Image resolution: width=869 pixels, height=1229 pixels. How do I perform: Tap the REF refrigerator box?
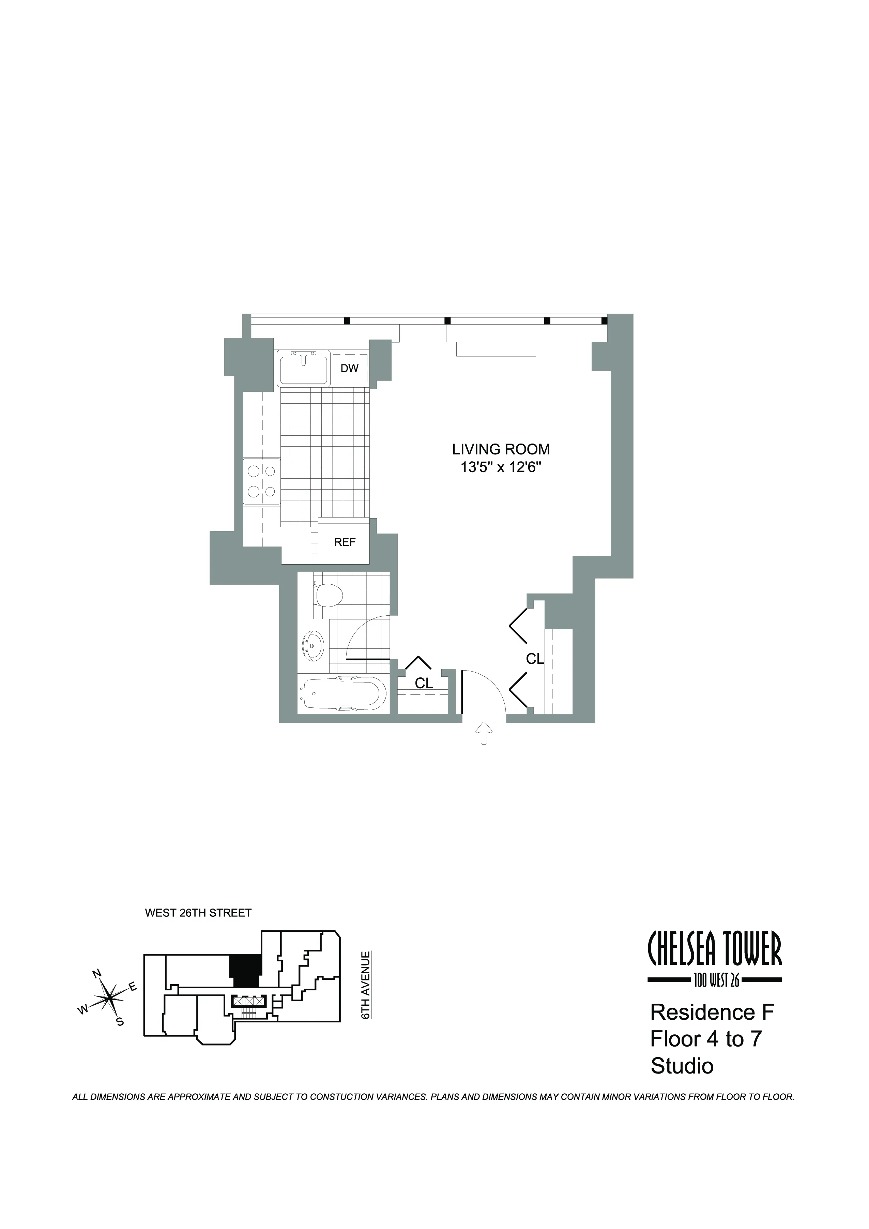point(345,542)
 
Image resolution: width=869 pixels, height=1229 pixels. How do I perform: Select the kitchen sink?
point(303,368)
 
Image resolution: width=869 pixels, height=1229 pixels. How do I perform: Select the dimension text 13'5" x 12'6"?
point(501,467)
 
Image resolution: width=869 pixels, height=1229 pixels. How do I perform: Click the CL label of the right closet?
point(535,659)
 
